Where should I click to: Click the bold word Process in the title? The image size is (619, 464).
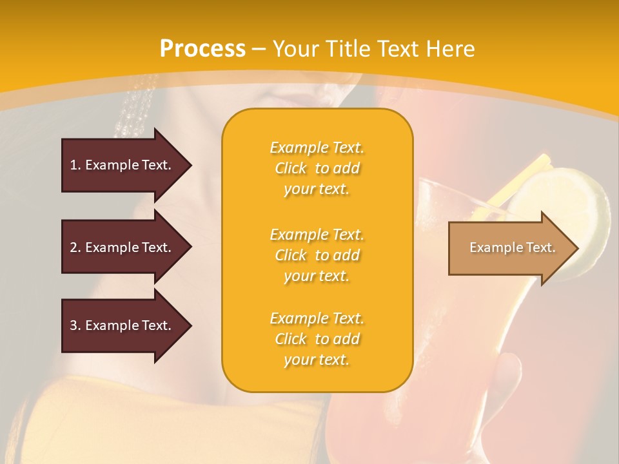point(202,49)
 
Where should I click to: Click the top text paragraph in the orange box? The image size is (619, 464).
point(317,168)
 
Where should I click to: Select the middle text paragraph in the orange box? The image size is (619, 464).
point(317,255)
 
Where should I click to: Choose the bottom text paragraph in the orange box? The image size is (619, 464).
point(317,339)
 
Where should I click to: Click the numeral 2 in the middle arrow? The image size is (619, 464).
point(74,247)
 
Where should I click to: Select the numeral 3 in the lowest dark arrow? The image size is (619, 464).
point(74,325)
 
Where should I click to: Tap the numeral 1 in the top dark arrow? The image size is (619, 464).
point(74,165)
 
